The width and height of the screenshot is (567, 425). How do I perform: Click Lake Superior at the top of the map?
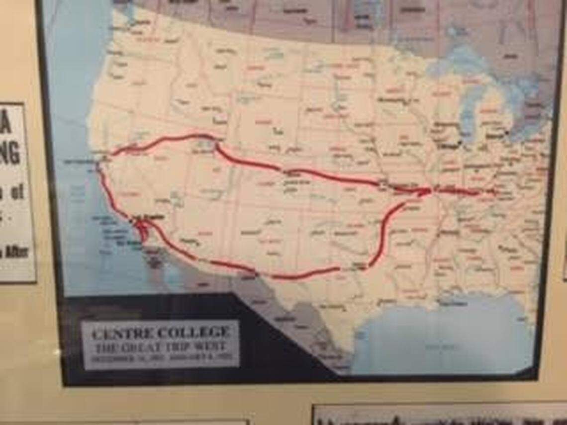pos(450,65)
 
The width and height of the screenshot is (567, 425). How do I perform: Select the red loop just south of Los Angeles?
pos(142,231)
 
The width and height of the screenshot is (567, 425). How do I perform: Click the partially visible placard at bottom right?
pos(438,415)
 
